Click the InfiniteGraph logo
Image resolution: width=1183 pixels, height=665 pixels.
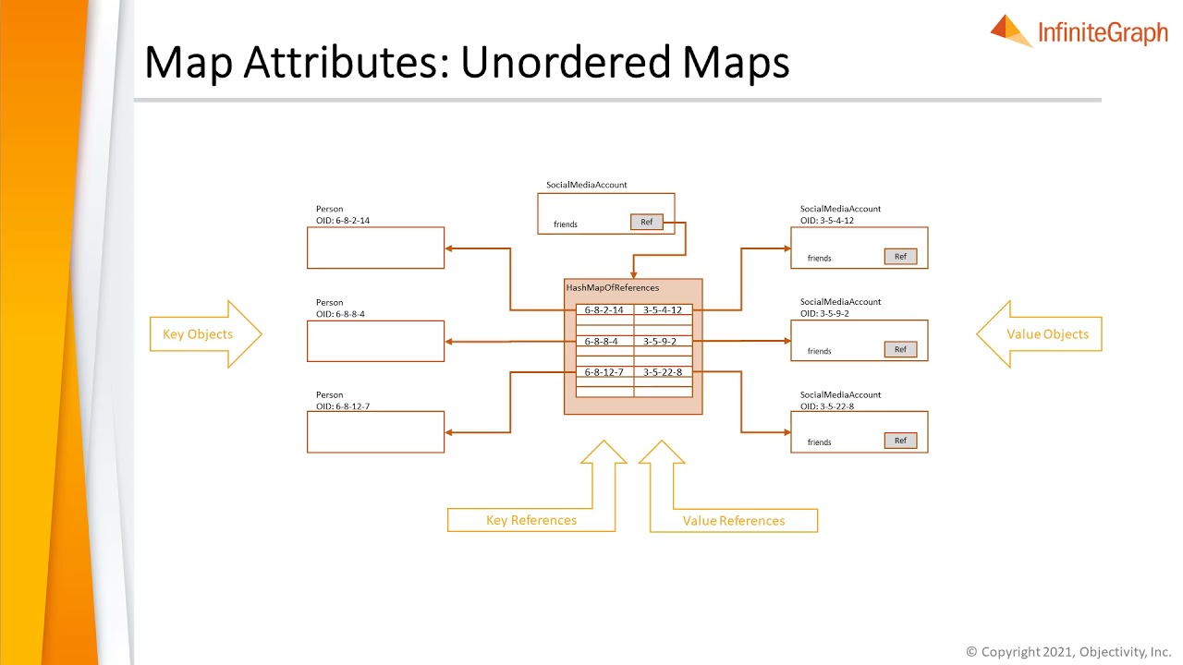[x=1079, y=32]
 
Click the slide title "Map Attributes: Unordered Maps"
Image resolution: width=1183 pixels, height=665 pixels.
[x=467, y=63]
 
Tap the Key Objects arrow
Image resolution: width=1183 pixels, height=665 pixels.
[x=204, y=334]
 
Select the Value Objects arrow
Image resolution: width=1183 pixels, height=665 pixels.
[x=1041, y=334]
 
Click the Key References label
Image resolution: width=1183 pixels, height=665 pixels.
[x=531, y=520]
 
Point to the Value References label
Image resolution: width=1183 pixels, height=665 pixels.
[x=734, y=521]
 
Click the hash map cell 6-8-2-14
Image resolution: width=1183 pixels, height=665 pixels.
[x=604, y=310]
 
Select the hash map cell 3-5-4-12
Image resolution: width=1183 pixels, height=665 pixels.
[x=663, y=310]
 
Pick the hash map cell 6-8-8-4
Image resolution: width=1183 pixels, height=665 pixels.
[x=602, y=341]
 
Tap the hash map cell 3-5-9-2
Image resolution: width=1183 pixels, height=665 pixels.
[x=660, y=341]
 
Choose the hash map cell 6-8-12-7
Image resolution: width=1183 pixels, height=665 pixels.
[x=604, y=371]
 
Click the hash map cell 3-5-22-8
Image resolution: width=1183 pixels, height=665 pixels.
[x=663, y=371]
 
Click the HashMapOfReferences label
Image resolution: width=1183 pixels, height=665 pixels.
[x=613, y=288]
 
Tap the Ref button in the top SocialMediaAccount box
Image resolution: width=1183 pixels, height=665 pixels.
[x=646, y=222]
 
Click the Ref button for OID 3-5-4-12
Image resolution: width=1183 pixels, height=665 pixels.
[x=900, y=257]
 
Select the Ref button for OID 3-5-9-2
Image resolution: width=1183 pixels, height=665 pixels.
[x=900, y=349]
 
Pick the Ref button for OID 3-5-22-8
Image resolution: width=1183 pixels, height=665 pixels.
[x=900, y=441]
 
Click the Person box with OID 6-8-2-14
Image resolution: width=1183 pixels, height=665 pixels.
[x=375, y=248]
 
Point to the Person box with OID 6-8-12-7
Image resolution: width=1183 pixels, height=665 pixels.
[x=375, y=432]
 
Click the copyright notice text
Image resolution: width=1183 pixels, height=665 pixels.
[x=1068, y=652]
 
